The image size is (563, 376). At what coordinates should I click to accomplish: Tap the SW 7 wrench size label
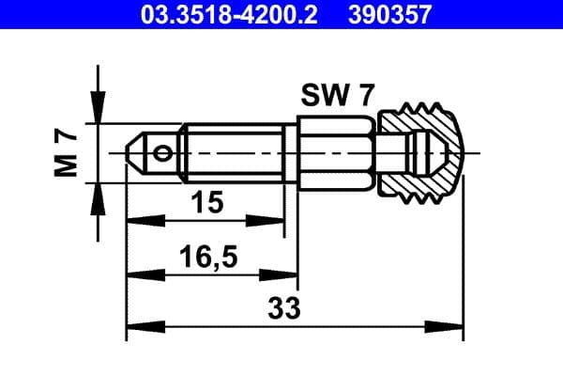(x=336, y=96)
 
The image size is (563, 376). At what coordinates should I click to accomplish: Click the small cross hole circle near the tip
(x=165, y=152)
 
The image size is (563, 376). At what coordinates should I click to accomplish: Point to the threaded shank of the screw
(x=235, y=151)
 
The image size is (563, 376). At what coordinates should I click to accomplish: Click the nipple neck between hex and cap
(x=385, y=151)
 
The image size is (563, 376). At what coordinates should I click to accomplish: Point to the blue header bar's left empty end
(x=56, y=14)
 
